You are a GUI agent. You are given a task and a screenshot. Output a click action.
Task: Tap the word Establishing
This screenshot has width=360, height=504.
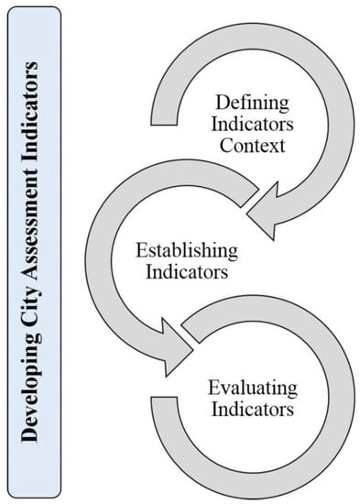[x=186, y=250]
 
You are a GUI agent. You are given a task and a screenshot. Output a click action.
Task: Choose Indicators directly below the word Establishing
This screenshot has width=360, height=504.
[x=186, y=272]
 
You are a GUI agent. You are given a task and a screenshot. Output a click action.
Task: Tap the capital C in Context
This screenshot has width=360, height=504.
[x=224, y=145]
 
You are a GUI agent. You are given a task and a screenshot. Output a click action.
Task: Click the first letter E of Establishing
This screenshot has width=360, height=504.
[x=140, y=250]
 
